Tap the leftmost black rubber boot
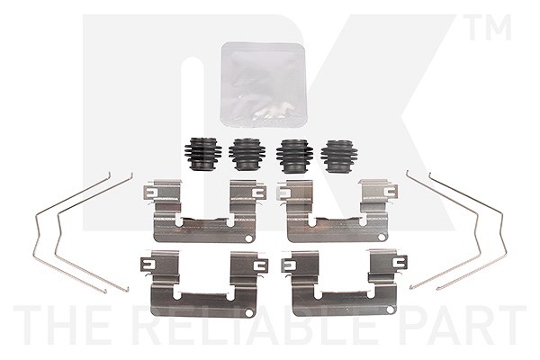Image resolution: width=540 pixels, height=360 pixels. tap(202, 155)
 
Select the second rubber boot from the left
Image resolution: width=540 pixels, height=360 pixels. tap(247, 154)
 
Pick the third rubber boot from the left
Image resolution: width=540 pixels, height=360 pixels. tap(294, 156)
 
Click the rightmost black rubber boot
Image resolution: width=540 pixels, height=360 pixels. tap(337, 156)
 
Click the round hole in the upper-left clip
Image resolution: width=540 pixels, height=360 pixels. tap(249, 238)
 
